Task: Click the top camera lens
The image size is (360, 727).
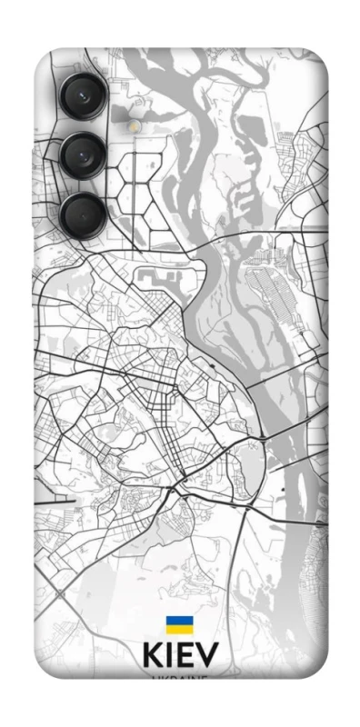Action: coord(83,94)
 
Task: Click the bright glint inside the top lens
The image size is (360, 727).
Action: coord(77,90)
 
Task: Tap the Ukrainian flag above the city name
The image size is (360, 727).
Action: coord(179,626)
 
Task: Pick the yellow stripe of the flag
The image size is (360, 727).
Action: coord(179,631)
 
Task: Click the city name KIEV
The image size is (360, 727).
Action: coord(180,658)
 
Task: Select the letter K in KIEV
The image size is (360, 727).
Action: coord(154,658)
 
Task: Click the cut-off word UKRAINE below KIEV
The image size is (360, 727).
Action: coord(180,678)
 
